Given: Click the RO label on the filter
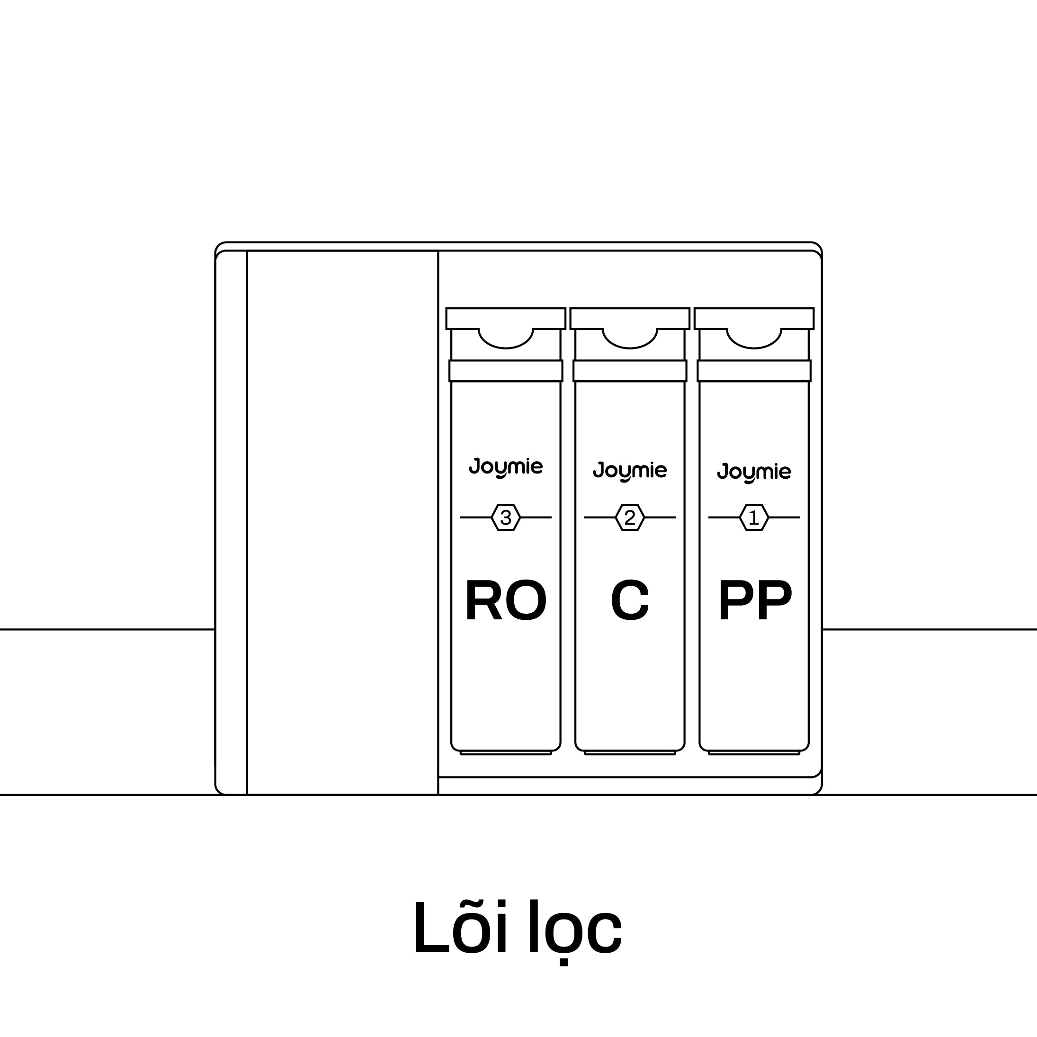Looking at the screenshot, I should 505,600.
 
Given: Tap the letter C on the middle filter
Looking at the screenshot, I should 630,600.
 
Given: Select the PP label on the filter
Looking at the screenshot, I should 754,600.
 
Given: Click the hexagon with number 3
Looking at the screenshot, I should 506,518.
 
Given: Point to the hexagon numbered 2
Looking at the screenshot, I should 630,518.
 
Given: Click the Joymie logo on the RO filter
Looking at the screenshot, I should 506,467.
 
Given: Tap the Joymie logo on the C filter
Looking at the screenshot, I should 630,471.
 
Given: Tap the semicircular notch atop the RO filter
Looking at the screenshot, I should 506,338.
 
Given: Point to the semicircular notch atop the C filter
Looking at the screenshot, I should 630,338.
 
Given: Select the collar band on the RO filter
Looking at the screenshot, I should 506,371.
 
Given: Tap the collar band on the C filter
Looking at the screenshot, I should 630,371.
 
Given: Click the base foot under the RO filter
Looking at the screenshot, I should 506,753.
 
